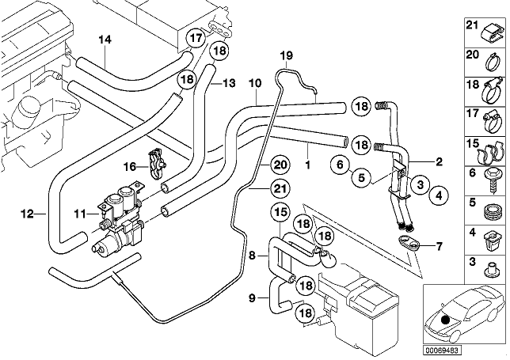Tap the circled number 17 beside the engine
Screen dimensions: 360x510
[195, 38]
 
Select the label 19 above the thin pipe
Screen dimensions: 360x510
[286, 55]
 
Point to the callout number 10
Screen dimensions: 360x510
[254, 83]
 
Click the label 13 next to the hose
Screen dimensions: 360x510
[229, 81]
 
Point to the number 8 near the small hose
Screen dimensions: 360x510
[252, 255]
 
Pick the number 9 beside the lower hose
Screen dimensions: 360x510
[252, 297]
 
